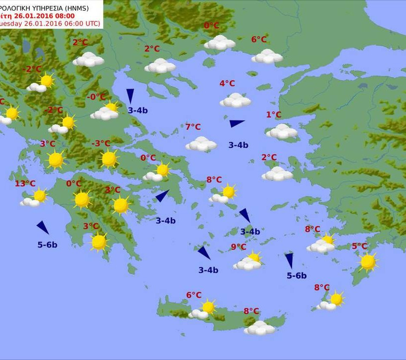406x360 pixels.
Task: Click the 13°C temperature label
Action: (25, 184)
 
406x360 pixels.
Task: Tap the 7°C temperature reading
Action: (193, 127)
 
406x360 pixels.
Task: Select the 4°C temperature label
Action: (227, 83)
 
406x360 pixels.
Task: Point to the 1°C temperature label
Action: (274, 115)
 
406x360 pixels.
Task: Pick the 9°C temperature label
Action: (238, 247)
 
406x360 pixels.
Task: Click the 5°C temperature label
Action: (359, 246)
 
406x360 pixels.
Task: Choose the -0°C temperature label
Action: (96, 97)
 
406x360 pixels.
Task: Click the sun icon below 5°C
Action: (368, 262)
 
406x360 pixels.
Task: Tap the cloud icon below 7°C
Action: (201, 144)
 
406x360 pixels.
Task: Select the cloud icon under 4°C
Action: (235, 101)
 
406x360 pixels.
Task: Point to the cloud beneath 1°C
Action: (282, 132)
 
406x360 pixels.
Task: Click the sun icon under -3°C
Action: (109, 159)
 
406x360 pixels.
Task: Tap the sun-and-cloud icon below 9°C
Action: (249, 261)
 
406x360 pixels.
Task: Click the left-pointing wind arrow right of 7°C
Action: (237, 123)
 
